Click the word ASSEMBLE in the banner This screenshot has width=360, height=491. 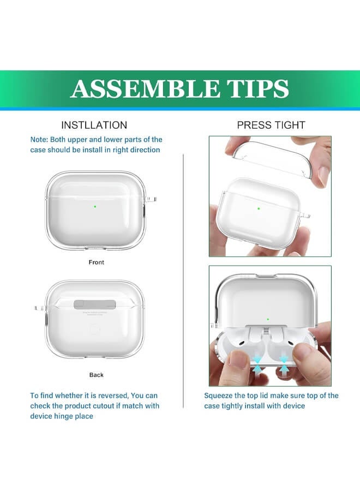[145, 88]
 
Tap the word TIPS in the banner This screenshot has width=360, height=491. [257, 88]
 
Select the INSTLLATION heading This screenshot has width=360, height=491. [94, 125]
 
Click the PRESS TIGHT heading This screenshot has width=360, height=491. [271, 125]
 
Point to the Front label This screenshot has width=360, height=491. [96, 262]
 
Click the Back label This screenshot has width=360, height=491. [96, 375]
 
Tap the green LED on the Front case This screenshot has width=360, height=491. [95, 207]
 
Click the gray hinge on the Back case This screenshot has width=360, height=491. [94, 304]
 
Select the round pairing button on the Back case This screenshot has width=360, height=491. [94, 330]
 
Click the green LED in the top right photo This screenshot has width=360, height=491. [259, 208]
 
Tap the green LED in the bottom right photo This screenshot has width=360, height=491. [268, 319]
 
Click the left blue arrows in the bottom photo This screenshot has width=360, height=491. [257, 364]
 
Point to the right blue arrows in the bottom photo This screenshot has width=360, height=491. [284, 364]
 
